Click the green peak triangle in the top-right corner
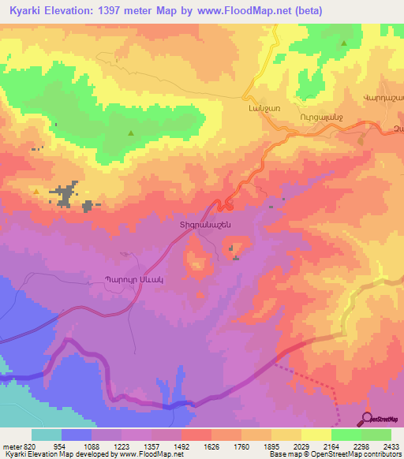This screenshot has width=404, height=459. (344, 44)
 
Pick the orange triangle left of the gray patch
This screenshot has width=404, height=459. (36, 190)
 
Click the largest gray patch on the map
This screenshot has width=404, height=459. (65, 192)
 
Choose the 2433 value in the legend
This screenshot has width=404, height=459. (390, 446)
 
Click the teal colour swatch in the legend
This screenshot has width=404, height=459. (46, 435)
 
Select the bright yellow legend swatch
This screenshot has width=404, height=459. (316, 435)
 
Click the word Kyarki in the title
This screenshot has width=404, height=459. (24, 10)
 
